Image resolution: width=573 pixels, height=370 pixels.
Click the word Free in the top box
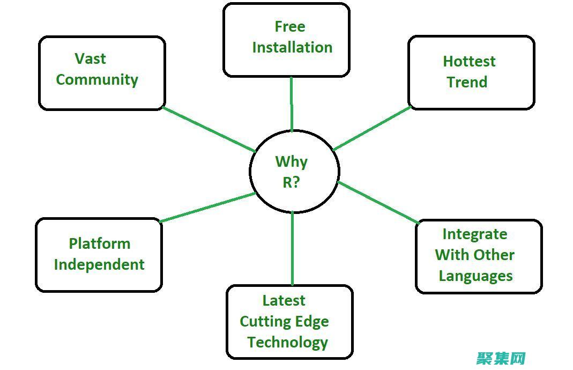(290, 26)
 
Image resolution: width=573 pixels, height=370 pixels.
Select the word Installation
(292, 47)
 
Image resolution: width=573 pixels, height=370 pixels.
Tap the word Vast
(90, 58)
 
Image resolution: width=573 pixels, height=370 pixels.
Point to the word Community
(97, 79)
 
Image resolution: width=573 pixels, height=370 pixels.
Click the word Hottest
(469, 61)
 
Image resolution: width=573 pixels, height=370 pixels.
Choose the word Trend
(467, 82)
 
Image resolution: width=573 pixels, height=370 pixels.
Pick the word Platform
(99, 243)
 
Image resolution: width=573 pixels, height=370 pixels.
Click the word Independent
(99, 264)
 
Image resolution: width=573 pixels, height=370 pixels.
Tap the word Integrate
(474, 234)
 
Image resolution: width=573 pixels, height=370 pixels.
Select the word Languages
(475, 276)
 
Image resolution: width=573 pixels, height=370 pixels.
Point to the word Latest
(284, 300)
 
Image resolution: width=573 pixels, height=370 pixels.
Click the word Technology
(287, 342)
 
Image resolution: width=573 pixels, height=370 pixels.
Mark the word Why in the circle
(291, 161)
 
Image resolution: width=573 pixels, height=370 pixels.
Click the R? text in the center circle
(291, 182)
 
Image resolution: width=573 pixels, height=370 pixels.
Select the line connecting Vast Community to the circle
(209, 130)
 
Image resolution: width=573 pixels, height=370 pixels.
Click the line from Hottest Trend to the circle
(372, 128)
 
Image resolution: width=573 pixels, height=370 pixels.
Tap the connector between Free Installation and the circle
(292, 105)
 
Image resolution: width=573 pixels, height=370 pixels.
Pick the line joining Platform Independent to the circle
(208, 208)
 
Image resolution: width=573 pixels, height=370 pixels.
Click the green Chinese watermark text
(501, 358)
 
